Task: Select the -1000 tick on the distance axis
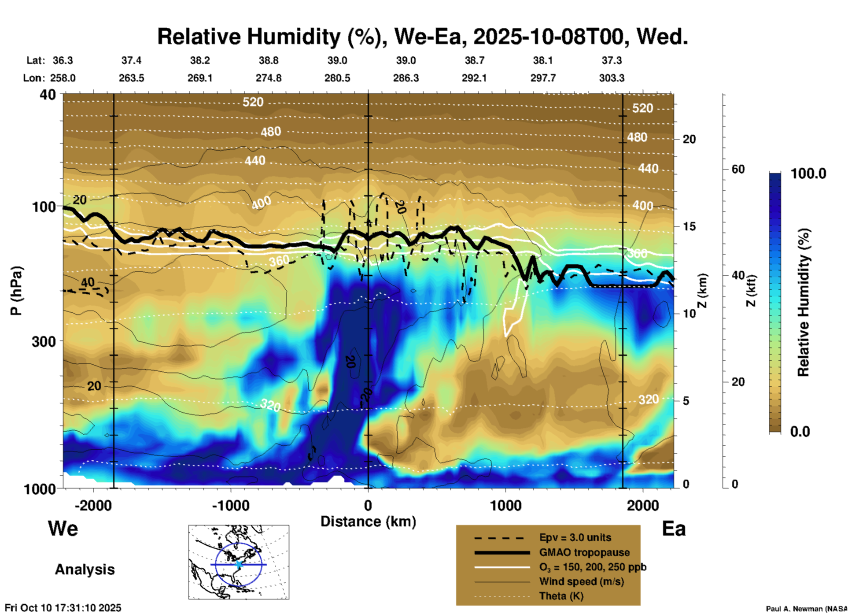tap(230, 505)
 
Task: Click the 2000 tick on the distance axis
tap(643, 505)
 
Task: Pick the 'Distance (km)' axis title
tap(368, 522)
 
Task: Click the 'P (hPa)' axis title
tap(16, 291)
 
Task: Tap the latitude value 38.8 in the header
tap(268, 60)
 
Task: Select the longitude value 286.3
tap(406, 78)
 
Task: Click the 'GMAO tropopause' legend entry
tap(584, 552)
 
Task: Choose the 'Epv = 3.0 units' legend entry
tap(575, 537)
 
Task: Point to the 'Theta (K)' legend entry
tap(561, 596)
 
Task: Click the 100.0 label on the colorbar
tap(808, 174)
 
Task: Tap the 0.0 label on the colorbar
tap(800, 431)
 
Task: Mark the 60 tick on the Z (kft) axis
tap(738, 169)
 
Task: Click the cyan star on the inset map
tap(239, 564)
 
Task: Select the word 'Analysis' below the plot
tap(85, 569)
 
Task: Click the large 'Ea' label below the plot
tap(674, 529)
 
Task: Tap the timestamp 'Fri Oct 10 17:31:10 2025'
tap(63, 608)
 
